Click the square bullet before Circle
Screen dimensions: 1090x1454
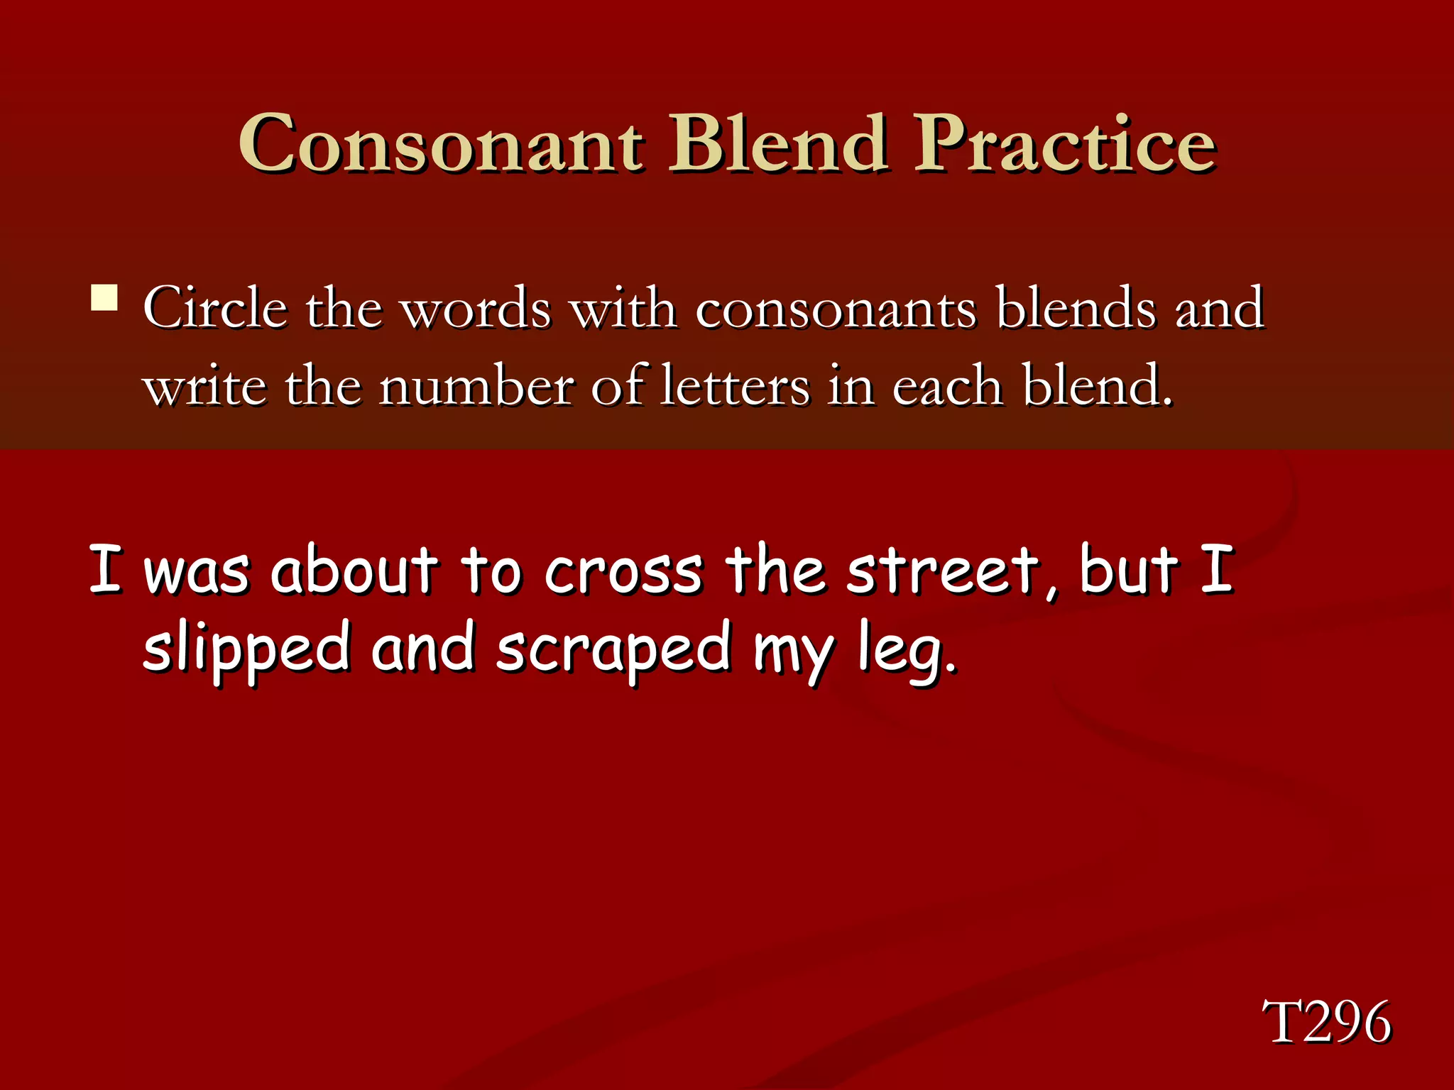tap(104, 298)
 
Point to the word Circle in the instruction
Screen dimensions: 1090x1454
tap(215, 309)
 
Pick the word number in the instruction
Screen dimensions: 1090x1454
tap(476, 387)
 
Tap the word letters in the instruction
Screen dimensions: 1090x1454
tap(735, 387)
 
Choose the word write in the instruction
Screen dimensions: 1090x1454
tap(205, 387)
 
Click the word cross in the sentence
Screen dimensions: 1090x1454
tap(623, 571)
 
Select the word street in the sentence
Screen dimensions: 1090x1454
tap(942, 571)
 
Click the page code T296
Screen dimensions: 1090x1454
tap(1326, 1022)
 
